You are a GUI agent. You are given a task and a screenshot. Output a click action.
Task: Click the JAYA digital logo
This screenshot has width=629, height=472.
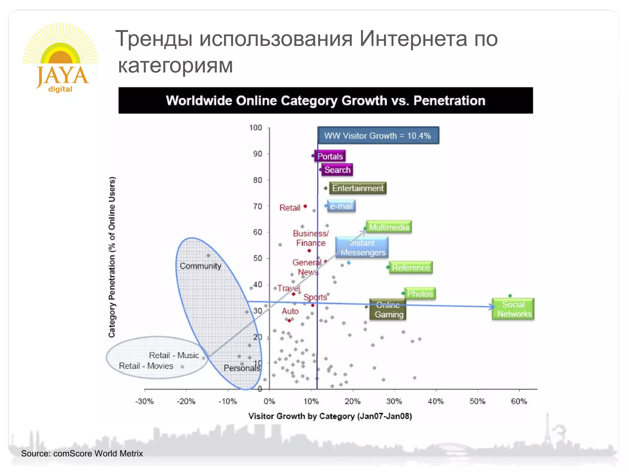[61, 58]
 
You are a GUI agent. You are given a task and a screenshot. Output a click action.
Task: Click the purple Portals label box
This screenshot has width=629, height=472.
[330, 156]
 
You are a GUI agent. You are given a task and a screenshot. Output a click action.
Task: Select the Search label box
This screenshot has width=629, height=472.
[337, 170]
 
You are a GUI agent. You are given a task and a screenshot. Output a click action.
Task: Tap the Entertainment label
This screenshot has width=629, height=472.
[358, 188]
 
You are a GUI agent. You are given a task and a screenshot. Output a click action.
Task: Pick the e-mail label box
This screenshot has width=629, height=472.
[341, 206]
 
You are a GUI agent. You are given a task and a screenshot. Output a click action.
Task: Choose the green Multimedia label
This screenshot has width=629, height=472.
[389, 227]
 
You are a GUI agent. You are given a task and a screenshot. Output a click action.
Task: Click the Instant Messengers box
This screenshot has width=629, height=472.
[362, 247]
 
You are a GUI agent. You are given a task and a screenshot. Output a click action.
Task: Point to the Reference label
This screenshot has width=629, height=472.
[411, 267]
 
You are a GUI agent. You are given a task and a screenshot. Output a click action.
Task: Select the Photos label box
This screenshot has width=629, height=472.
[420, 293]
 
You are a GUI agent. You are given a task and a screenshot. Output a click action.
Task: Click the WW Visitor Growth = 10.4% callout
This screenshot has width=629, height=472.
[378, 136]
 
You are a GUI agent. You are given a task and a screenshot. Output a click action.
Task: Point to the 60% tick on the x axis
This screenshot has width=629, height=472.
[519, 401]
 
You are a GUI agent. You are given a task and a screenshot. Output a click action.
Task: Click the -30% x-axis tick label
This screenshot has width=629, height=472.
[144, 401]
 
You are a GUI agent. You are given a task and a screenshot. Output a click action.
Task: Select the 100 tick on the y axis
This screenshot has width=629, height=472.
[256, 128]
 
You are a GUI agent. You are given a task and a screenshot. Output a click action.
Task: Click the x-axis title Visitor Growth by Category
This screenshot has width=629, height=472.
[330, 416]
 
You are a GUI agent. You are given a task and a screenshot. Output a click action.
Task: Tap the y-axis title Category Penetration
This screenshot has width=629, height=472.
[112, 257]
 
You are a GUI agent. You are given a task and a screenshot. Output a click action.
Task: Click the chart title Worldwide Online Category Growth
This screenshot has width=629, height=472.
[326, 100]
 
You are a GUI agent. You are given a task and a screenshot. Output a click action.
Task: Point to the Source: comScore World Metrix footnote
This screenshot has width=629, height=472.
[82, 453]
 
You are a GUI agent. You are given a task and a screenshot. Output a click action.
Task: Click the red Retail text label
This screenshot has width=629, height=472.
[290, 208]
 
